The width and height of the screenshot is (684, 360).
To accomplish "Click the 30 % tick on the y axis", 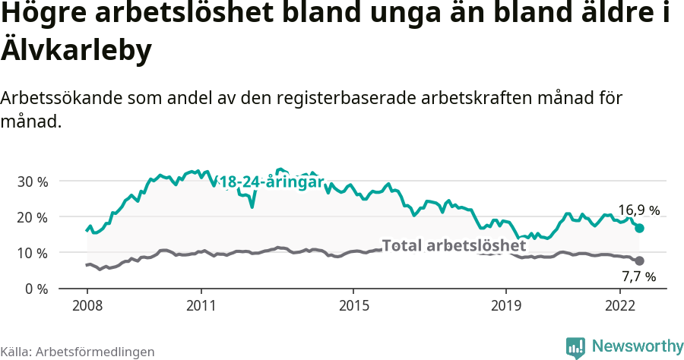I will pyautogui.click(x=32, y=182).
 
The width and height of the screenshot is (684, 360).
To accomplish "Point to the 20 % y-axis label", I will pyautogui.click(x=32, y=217).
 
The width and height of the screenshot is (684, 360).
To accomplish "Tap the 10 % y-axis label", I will pyautogui.click(x=32, y=253).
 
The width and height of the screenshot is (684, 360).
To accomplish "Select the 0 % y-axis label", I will pyautogui.click(x=35, y=289).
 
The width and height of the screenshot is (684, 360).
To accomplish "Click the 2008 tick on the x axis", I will pyautogui.click(x=87, y=305).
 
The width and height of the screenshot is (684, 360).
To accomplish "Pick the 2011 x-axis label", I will pyautogui.click(x=201, y=305).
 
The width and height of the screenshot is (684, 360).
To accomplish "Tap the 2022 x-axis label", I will pyautogui.click(x=620, y=305).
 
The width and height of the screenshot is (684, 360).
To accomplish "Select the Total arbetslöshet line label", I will pyautogui.click(x=454, y=245).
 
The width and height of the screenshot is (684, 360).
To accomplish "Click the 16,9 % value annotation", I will pyautogui.click(x=638, y=210).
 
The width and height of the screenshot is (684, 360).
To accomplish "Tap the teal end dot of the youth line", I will pyautogui.click(x=639, y=228).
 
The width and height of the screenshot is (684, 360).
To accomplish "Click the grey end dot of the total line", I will pyautogui.click(x=639, y=261).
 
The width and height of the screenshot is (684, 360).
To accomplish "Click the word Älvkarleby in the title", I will pyautogui.click(x=77, y=50).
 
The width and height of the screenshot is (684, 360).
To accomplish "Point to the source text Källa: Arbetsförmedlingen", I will pyautogui.click(x=78, y=352).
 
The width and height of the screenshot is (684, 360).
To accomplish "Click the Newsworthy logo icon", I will pyautogui.click(x=576, y=347).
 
